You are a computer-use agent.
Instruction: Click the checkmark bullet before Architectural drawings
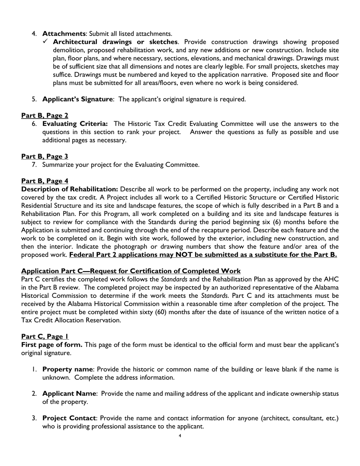coord(45,41)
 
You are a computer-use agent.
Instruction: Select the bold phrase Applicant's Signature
coord(77,99)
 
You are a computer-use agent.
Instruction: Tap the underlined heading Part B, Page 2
coord(45,115)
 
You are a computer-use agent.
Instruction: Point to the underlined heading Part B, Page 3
coord(45,156)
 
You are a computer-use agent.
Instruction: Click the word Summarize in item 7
coord(57,164)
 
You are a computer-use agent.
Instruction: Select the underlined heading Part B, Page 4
coord(45,181)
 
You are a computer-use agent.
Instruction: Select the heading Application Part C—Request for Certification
coord(131,271)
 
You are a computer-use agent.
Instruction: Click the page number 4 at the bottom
coord(180,436)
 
